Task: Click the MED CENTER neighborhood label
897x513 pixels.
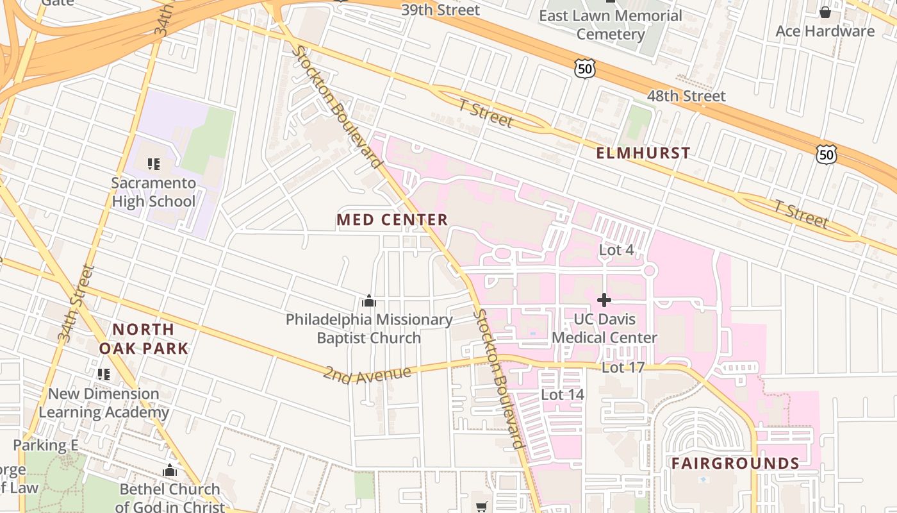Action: (x=392, y=220)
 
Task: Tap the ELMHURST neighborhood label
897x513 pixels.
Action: (x=643, y=153)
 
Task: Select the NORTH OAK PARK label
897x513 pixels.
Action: (x=144, y=339)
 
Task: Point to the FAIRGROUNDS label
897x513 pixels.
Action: (x=735, y=464)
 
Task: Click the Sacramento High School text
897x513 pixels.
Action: (x=154, y=192)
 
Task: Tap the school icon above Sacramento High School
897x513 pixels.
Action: (x=153, y=164)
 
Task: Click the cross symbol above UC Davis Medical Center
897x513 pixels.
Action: (x=604, y=299)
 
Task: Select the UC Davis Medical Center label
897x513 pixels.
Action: (x=604, y=328)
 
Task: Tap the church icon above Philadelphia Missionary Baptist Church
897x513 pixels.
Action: (x=369, y=300)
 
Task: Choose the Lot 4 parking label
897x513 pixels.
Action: (x=616, y=250)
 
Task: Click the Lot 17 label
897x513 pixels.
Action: (x=623, y=367)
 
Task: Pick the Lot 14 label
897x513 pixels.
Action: (x=563, y=394)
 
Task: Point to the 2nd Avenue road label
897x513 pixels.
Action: (x=366, y=373)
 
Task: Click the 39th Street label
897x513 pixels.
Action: (x=440, y=10)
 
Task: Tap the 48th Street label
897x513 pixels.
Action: (x=686, y=96)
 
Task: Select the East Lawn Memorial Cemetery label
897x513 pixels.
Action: (x=610, y=24)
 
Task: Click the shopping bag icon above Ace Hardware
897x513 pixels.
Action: (x=825, y=12)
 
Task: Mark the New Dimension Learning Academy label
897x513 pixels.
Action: (x=104, y=403)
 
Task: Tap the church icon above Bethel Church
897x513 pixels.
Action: (x=169, y=471)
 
